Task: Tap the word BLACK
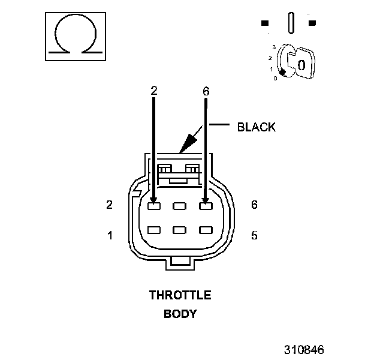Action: (256, 127)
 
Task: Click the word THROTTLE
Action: (180, 295)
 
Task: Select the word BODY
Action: (180, 313)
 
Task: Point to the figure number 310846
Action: (304, 349)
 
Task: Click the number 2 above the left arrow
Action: (154, 91)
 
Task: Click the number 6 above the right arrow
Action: (206, 91)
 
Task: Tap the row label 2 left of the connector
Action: (110, 205)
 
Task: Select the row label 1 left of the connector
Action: (110, 235)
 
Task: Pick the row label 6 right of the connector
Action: (254, 205)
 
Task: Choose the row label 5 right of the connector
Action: (254, 235)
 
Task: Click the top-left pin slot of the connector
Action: (154, 206)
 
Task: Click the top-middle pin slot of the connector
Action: (180, 206)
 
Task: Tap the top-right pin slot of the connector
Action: (206, 206)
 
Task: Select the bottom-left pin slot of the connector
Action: (154, 230)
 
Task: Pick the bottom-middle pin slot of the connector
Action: (180, 230)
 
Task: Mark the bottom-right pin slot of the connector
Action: (206, 230)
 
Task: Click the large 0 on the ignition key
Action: (301, 64)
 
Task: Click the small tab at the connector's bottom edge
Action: (180, 260)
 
